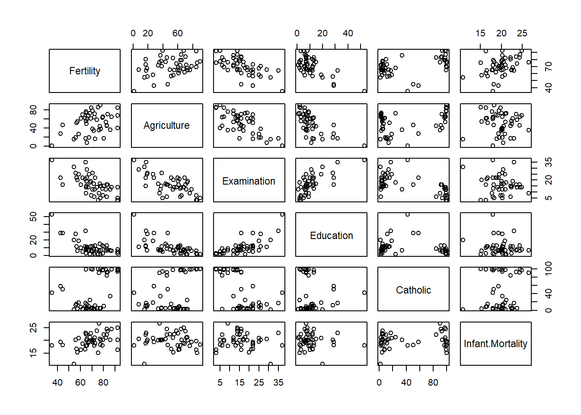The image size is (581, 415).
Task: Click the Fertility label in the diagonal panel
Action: pos(85,71)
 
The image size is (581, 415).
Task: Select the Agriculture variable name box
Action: pos(166,125)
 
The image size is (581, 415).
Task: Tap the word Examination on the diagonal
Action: pos(249,181)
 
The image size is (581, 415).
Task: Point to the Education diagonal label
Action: pos(331,236)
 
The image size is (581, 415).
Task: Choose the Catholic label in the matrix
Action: pos(413,290)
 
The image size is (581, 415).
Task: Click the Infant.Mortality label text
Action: pos(495,344)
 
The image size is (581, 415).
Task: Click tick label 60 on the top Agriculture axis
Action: pos(177,33)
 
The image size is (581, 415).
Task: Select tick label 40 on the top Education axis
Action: pos(348,33)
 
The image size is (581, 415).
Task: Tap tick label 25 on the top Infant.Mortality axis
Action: pos(522,33)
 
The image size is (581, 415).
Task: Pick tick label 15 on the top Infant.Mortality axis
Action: pos(480,33)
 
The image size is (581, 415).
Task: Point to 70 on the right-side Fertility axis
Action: pos(549,67)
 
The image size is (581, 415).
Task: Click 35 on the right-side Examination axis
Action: pos(549,162)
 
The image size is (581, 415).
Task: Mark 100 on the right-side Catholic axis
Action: pos(549,268)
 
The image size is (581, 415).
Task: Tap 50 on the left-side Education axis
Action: pos(33,217)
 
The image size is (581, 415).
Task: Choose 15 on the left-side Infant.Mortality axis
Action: pos(33,352)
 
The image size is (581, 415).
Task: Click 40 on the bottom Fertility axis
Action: pos(57,383)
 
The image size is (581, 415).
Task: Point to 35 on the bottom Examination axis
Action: pos(278,383)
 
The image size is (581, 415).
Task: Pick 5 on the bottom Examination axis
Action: pos(220,383)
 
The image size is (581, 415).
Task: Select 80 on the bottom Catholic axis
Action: pos(433,383)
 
